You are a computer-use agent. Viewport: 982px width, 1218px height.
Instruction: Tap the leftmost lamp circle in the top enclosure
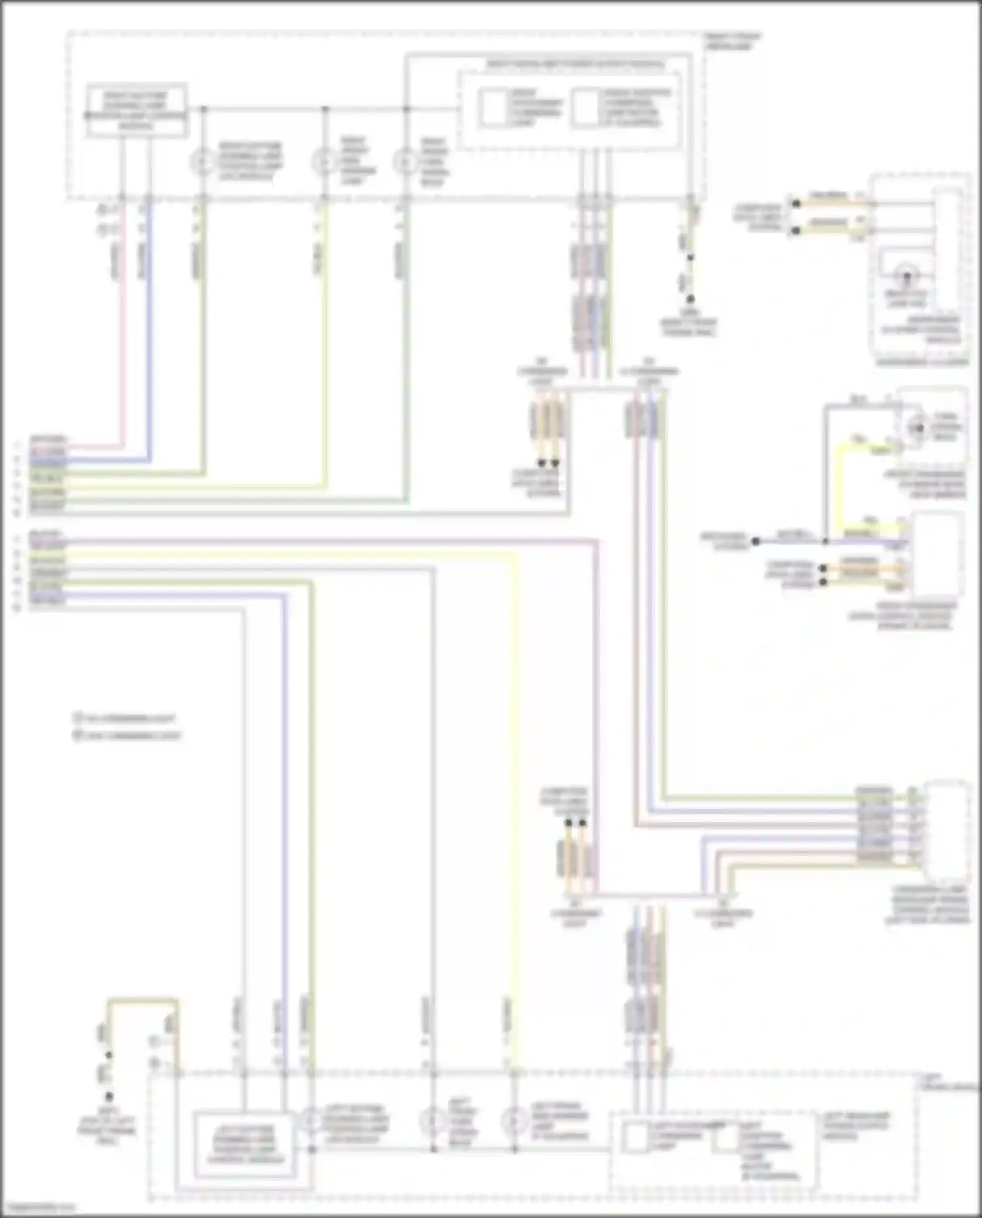[203, 161]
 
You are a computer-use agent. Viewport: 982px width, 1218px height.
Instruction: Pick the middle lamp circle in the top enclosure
[324, 161]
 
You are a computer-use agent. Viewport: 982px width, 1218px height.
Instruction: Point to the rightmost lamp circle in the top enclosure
[405, 161]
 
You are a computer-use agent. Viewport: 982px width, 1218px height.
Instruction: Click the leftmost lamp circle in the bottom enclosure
[310, 1120]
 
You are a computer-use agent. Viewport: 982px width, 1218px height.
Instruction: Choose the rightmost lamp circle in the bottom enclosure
[514, 1122]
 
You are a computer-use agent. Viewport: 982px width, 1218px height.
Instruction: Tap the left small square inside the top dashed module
[492, 108]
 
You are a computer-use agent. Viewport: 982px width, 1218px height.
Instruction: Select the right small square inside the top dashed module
[585, 108]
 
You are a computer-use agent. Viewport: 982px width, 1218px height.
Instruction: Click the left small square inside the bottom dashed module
[633, 1137]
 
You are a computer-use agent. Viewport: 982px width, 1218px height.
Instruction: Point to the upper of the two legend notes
[124, 718]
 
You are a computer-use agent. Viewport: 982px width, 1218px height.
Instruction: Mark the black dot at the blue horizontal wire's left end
[755, 541]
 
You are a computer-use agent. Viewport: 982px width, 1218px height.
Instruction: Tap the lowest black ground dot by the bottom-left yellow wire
[109, 1096]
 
